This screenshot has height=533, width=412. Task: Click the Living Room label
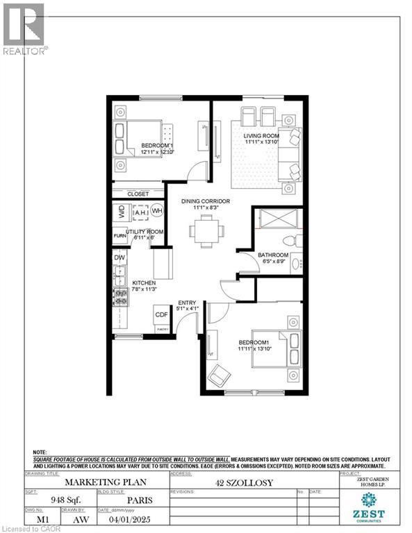tap(261, 137)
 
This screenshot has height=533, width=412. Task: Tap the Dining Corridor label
tap(206, 201)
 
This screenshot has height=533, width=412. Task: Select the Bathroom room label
tap(273, 255)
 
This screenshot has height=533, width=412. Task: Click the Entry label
tap(187, 302)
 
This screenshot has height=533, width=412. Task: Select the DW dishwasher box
tap(120, 257)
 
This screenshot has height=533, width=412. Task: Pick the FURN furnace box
tap(120, 237)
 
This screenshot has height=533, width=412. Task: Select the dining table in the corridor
tap(205, 229)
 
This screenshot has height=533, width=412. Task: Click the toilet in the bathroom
tap(297, 239)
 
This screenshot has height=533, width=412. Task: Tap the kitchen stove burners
tap(121, 298)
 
